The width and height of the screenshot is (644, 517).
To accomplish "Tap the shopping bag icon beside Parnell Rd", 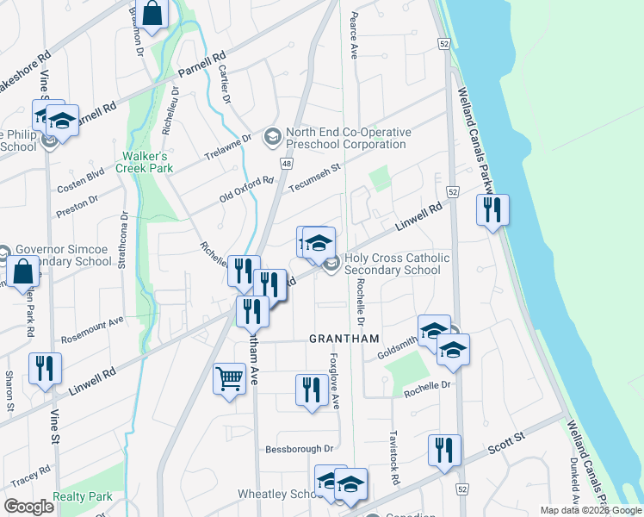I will tap(152, 14).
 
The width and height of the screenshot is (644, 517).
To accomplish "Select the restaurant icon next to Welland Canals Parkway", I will tap(492, 210).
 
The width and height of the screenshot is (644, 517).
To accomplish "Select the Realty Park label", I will tap(83, 497).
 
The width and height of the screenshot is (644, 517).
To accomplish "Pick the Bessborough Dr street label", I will tap(299, 449).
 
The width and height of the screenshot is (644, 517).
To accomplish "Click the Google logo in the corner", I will tap(28, 507).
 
